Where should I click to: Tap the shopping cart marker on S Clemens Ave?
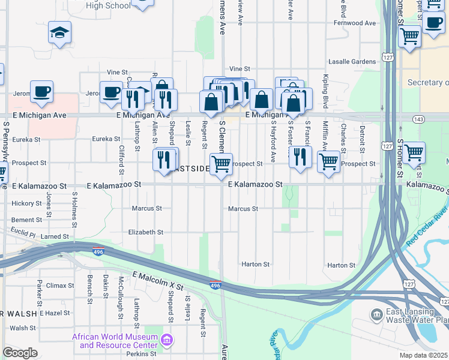[x=221, y=164]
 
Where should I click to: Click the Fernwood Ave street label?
[x=352, y=23]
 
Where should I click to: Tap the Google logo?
[x=19, y=353]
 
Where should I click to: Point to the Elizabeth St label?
[x=145, y=232]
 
